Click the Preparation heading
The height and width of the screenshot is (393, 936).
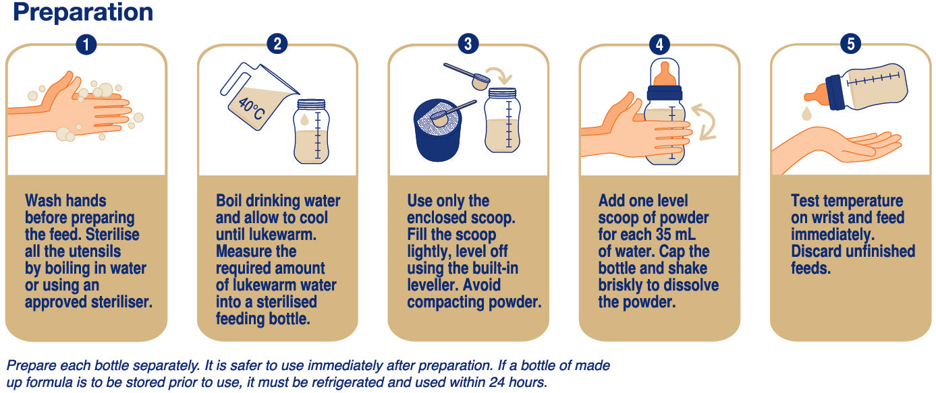coord(83,13)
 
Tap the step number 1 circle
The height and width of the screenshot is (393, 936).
coord(86,44)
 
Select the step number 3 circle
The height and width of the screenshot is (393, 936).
coord(468,44)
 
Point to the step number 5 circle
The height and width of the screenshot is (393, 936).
coord(851,44)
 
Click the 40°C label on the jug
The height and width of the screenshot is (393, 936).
coord(251,109)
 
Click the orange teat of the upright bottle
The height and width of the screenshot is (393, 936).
coord(665,74)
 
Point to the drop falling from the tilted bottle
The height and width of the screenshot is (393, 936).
coord(807,113)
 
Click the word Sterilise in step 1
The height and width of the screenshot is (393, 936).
coord(113,235)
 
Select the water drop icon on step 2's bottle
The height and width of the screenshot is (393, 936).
coord(304,119)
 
